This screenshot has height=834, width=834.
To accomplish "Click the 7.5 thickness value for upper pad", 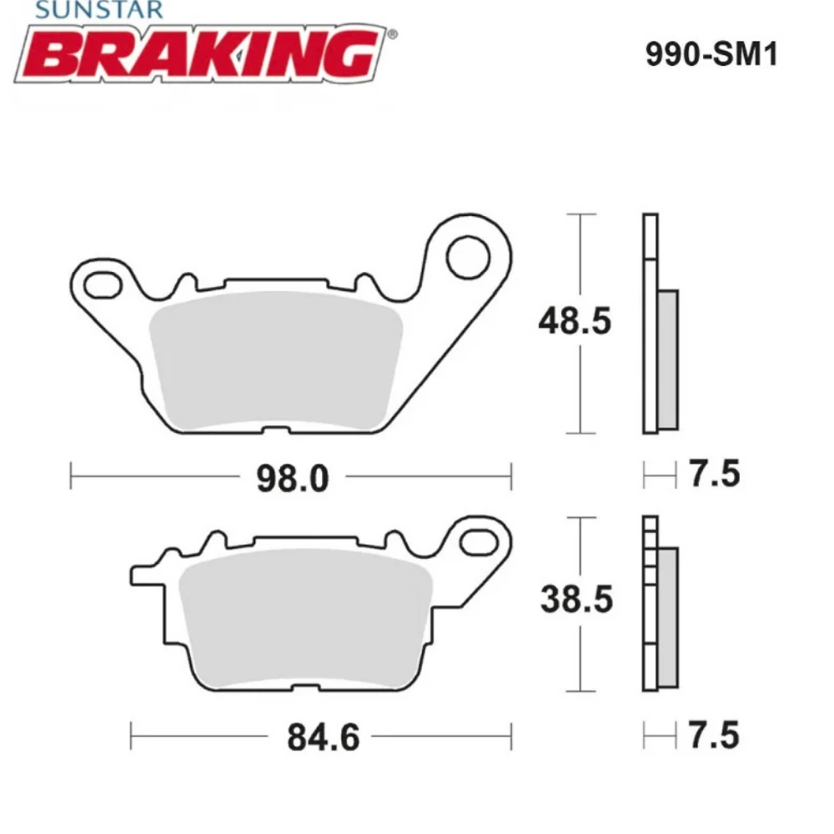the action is point(715,475).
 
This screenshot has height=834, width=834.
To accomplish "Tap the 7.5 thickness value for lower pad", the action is point(715,736).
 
